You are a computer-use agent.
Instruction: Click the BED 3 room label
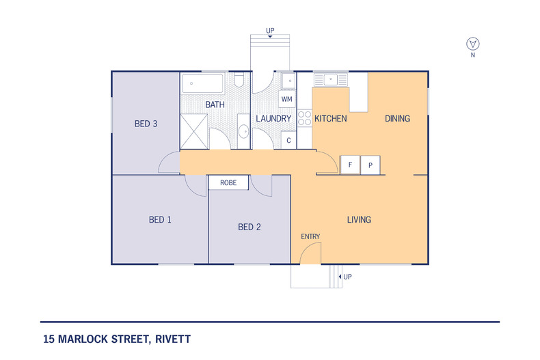coord(146,124)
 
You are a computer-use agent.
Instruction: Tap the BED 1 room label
coord(160,219)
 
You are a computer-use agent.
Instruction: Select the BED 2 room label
coord(249,227)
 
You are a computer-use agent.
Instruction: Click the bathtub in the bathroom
coord(202,85)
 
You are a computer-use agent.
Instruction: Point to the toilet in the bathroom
coord(239,82)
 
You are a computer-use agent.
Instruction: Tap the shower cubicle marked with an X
coord(193,131)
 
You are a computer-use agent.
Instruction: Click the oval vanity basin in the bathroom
coord(243,131)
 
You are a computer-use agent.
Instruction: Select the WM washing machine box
coord(287,100)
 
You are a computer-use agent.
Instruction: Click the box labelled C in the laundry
coord(288,140)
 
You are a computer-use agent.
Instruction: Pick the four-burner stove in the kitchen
coord(304,119)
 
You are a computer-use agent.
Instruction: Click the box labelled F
coord(350,165)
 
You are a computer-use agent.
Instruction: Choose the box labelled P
coord(370,165)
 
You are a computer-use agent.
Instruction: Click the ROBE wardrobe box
coord(228,183)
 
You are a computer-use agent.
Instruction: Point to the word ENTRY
coord(310,236)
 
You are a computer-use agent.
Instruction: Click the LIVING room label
coord(359,219)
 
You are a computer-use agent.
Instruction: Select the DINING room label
coord(397,118)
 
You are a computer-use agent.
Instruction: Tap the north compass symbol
coord(472,44)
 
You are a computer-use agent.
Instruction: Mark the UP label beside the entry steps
coord(348,277)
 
